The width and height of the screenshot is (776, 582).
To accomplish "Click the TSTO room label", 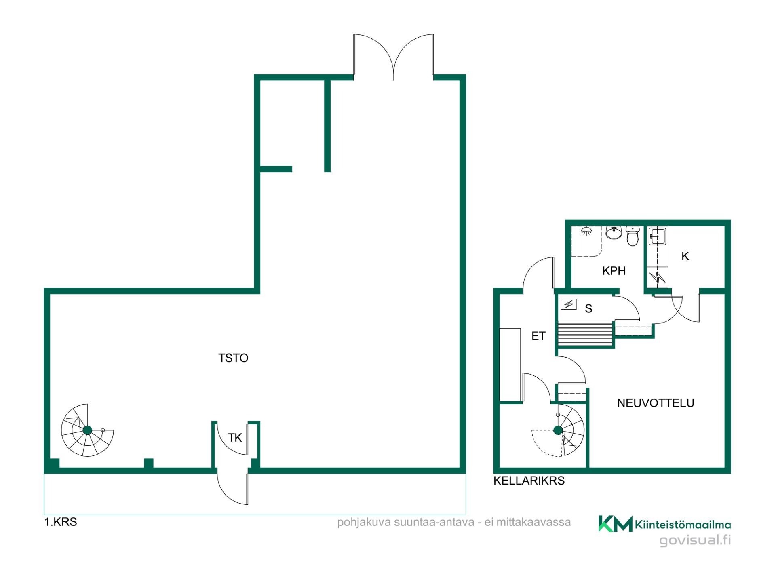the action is point(233,358).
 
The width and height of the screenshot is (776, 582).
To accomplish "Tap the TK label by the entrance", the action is point(235,438).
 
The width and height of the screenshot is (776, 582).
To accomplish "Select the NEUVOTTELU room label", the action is point(656,403).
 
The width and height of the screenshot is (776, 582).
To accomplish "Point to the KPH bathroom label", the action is point(614,271).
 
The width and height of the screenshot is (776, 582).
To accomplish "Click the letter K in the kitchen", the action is point(685,256).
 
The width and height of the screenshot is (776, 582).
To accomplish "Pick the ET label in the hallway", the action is point(538,336).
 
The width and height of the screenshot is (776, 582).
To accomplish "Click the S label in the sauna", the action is point(588,309).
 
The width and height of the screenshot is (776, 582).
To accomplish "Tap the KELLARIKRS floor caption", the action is point(529,481).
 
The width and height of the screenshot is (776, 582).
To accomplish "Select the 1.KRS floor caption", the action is point(61,522).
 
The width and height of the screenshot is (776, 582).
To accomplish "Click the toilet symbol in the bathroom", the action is point(633,236).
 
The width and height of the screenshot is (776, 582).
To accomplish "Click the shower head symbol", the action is point(586,232).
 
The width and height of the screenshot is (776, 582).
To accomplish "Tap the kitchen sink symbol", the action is point(657,236).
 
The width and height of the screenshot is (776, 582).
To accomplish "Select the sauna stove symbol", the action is point(569,304).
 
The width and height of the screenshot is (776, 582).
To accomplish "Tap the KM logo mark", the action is point(615,524).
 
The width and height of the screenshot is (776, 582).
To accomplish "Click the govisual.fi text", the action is point(695,540).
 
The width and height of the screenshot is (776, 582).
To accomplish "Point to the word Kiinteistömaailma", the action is point(683,525).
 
